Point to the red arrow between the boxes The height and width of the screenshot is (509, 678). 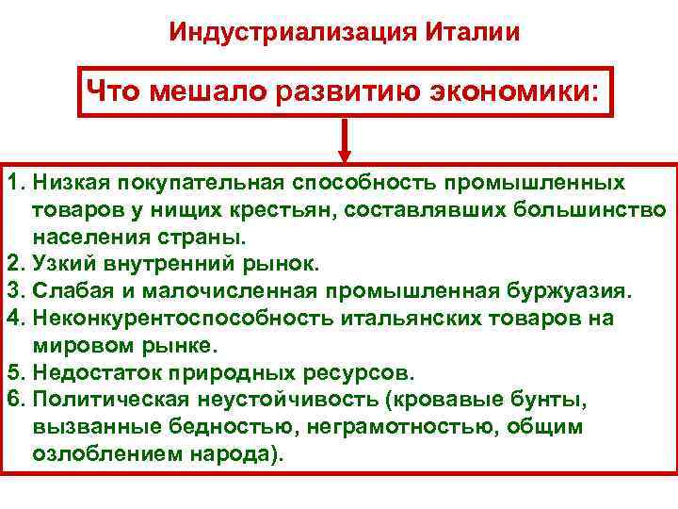(x=345, y=140)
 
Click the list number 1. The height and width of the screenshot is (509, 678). (x=13, y=180)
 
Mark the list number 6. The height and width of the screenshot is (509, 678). (x=13, y=399)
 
